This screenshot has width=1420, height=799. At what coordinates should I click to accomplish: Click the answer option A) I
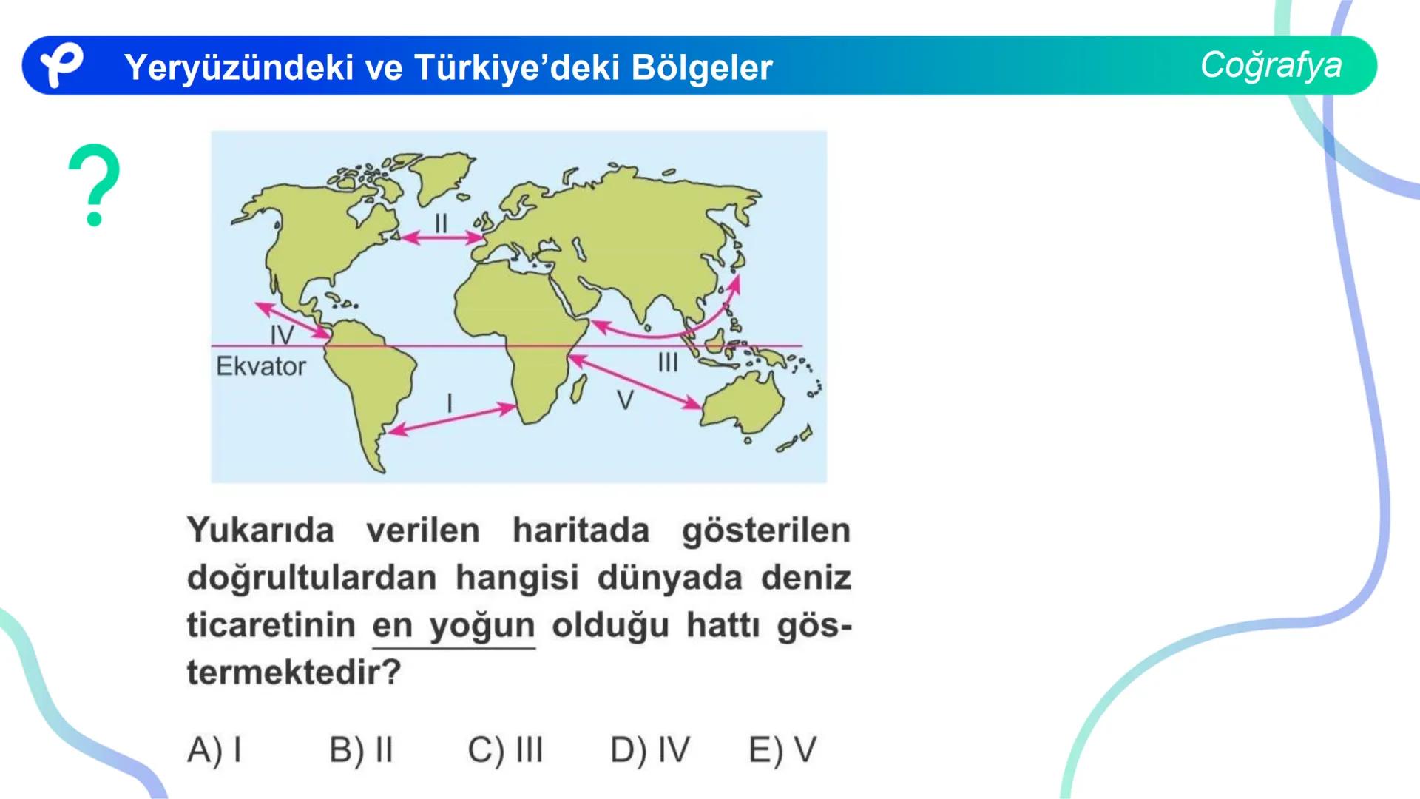214,749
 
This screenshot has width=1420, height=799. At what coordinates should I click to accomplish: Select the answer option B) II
361,749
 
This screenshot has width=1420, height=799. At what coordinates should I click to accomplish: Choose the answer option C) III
505,749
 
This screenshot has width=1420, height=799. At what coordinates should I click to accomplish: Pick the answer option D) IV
649,749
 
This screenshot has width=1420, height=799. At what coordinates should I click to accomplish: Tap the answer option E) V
782,749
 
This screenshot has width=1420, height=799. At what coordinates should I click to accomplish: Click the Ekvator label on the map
261,366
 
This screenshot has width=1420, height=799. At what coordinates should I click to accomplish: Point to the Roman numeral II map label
441,223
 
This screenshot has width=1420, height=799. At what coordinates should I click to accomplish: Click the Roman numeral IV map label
282,335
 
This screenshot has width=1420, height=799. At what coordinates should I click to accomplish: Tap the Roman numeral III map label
668,363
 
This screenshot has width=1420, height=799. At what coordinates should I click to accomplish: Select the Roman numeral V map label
625,400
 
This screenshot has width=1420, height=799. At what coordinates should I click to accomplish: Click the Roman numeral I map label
450,403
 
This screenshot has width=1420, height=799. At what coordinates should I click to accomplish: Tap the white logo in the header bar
61,65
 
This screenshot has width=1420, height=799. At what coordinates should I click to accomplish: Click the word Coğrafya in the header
1271,65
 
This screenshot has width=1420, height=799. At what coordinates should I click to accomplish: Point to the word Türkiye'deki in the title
516,67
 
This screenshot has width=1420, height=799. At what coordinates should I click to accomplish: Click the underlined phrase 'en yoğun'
453,626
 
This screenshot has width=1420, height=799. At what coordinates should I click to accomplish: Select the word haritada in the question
581,530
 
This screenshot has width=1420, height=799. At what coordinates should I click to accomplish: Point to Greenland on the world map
441,174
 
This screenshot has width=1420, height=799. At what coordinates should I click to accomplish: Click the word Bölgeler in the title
702,67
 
